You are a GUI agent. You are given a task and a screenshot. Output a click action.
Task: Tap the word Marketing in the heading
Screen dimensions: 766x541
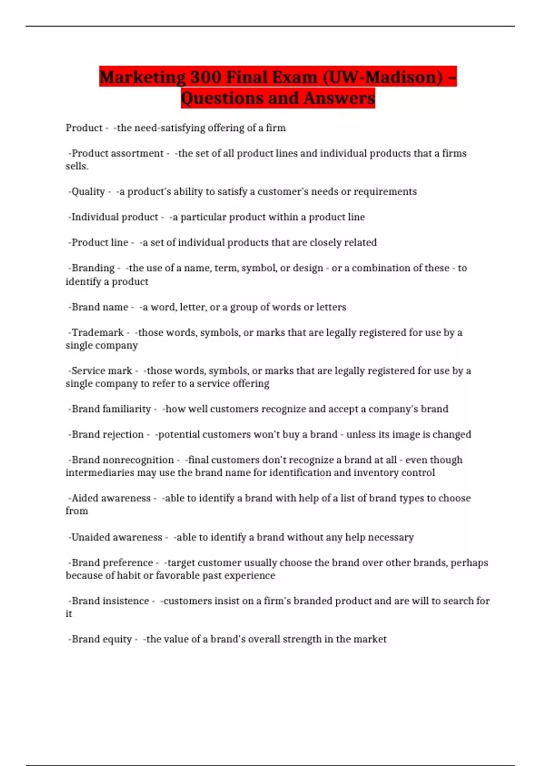pyautogui.click(x=142, y=77)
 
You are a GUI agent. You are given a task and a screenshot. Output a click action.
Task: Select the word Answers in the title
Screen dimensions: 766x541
pyautogui.click(x=339, y=98)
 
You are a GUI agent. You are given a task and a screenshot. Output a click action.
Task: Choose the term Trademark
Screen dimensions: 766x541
pyautogui.click(x=97, y=333)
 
